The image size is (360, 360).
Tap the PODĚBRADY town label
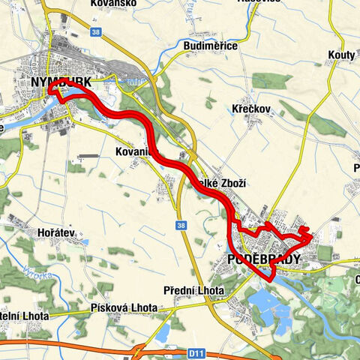point(262,259)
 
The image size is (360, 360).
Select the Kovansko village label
point(112,4)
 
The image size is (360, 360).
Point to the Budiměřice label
point(211,46)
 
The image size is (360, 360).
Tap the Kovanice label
point(135,152)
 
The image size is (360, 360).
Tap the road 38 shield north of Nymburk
point(95,32)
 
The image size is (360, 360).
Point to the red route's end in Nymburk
point(52,90)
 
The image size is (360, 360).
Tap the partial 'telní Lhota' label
point(24,316)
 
